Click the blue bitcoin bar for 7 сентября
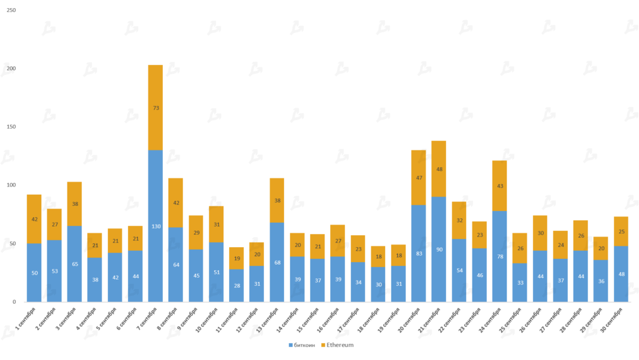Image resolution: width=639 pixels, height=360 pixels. (155, 226)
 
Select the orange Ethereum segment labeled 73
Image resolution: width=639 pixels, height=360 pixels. (155, 108)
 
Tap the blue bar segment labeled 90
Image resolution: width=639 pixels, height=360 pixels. (439, 249)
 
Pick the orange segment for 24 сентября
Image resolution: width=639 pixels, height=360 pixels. (499, 186)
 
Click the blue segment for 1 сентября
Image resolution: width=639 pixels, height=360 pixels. (34, 273)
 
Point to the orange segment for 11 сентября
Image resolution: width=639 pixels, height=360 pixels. (237, 258)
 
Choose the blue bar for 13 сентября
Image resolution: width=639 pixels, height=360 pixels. (277, 262)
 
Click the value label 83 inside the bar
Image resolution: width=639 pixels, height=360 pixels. (419, 253)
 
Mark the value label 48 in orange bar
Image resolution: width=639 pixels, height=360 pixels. (439, 169)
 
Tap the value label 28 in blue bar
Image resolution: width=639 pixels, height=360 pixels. (237, 285)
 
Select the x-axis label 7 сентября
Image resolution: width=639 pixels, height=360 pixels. (150, 319)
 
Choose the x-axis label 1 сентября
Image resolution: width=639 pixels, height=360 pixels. (29, 319)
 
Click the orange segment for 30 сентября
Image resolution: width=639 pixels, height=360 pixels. (621, 231)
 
